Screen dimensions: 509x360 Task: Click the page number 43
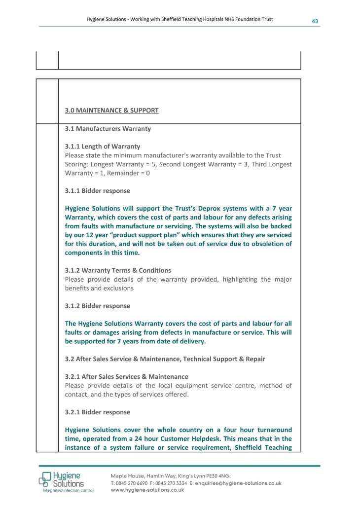(x=314, y=21)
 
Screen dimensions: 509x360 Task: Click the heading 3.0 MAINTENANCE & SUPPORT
(x=111, y=110)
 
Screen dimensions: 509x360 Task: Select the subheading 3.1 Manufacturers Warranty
(x=108, y=129)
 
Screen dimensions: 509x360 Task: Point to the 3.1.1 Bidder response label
(x=98, y=191)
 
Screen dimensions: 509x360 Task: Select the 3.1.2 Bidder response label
(x=98, y=306)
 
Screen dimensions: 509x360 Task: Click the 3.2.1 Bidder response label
(x=98, y=412)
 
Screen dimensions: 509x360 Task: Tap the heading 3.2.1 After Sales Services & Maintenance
(x=126, y=377)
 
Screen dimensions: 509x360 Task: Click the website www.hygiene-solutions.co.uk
(x=147, y=490)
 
